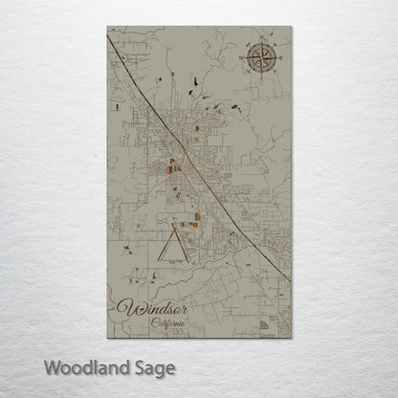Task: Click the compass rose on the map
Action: click(260, 61)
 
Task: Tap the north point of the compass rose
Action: click(260, 42)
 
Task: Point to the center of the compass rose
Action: click(260, 61)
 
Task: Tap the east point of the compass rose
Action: click(278, 61)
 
